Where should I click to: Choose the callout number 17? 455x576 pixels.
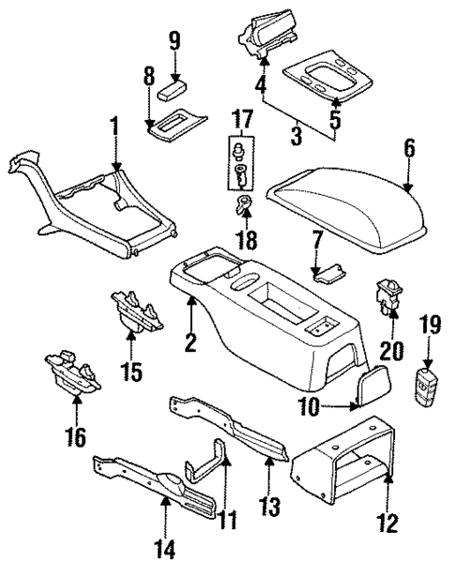coord(242,121)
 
